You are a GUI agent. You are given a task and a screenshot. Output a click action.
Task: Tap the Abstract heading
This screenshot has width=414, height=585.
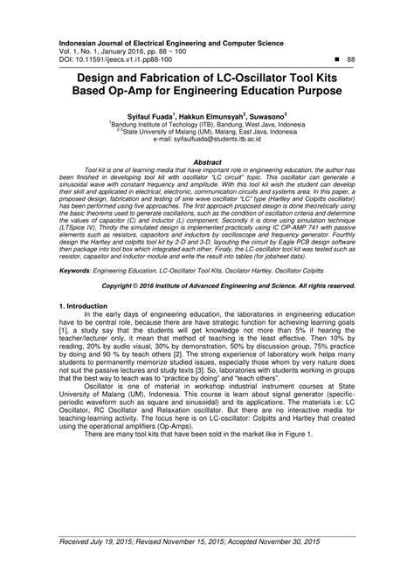(x=207, y=162)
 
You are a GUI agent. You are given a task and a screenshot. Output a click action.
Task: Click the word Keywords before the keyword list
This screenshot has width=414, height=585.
(x=77, y=272)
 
